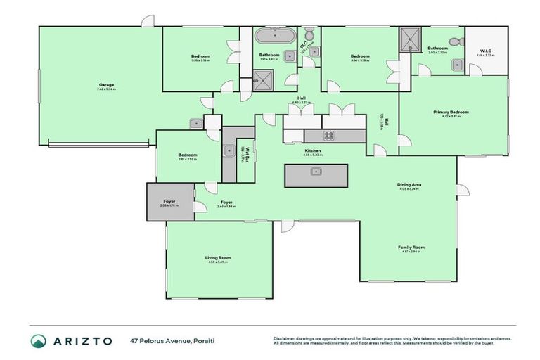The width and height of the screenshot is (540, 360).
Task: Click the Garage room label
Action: (x=106, y=85)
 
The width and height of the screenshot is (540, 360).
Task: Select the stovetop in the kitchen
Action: (x=330, y=135)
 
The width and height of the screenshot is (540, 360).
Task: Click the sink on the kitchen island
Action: (x=316, y=171)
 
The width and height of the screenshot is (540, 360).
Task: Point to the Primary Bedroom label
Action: (x=451, y=112)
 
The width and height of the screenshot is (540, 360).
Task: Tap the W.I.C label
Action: (x=487, y=50)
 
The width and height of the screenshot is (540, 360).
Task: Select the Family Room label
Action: (x=411, y=247)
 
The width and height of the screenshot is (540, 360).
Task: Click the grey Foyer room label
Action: (x=169, y=202)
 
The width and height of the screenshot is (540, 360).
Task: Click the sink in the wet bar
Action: (x=229, y=150)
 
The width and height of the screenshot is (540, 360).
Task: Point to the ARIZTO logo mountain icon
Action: (x=39, y=341)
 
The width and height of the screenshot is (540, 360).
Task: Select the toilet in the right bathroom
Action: (x=456, y=42)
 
